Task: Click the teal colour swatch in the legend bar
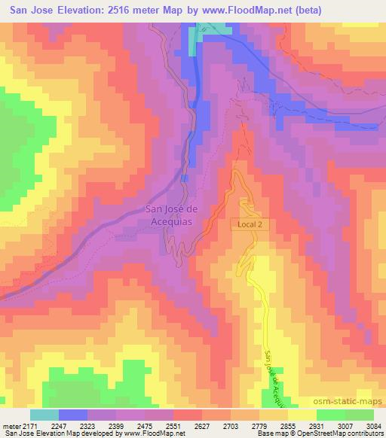44,415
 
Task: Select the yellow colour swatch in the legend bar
301,415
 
